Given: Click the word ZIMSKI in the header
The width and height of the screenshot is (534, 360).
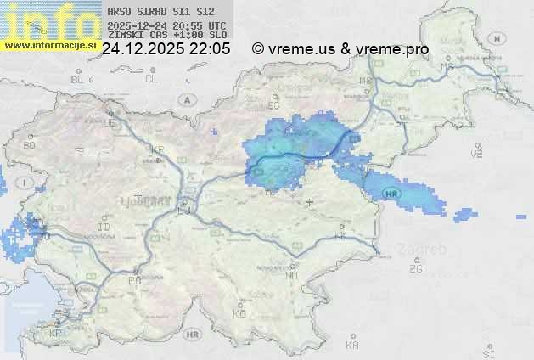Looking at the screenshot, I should point(126,36).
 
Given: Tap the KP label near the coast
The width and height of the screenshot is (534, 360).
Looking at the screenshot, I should point(56,333).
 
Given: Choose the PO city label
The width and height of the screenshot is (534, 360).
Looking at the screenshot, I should point(134,280).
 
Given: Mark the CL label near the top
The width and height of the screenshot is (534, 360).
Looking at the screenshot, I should point(152,79).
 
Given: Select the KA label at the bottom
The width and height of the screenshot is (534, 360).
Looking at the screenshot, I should point(352,346).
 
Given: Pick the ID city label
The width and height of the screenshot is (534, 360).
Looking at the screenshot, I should point(104,228).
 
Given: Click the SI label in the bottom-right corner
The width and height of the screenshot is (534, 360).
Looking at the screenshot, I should point(487,352).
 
